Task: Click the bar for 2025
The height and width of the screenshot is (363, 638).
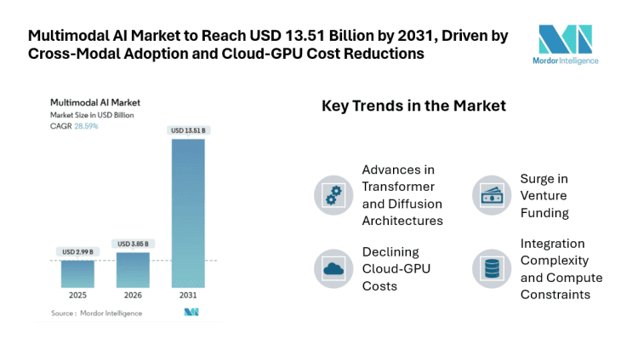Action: point(77,274)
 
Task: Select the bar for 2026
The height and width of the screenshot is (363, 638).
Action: point(133,270)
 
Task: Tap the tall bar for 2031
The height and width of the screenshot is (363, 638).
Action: point(188,213)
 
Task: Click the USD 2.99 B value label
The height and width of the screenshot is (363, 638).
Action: point(77,251)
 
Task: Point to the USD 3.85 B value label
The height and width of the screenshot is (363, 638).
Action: point(133,244)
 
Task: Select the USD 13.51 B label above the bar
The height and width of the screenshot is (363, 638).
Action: point(188,130)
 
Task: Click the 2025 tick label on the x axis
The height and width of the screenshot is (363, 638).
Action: point(77,297)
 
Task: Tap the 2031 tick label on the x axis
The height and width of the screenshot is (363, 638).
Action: point(188,297)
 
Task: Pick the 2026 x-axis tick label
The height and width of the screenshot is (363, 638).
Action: point(133,297)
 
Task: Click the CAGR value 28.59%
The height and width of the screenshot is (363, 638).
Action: point(86,126)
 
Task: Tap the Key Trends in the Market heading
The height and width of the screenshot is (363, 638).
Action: point(413,107)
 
